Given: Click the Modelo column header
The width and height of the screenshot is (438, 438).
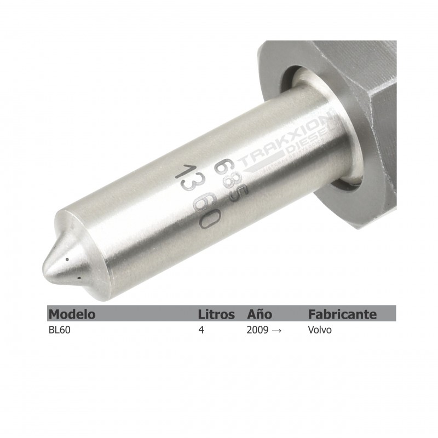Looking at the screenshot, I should [x=72, y=314].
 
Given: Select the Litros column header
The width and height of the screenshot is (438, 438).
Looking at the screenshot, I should [x=216, y=314].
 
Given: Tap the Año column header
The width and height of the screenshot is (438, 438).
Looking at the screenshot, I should [x=260, y=314].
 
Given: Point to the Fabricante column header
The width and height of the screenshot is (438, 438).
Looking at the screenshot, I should [x=342, y=314].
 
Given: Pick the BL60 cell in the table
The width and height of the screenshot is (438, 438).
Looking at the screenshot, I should [x=59, y=331].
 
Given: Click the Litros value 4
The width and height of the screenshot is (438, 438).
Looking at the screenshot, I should [x=201, y=331].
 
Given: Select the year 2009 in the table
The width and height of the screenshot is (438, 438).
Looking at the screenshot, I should [x=257, y=331].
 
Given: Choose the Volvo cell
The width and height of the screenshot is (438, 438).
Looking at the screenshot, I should [x=320, y=331].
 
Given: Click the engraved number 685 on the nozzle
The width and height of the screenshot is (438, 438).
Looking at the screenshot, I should [x=229, y=176].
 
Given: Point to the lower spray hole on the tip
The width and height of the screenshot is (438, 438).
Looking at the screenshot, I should [x=80, y=278].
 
